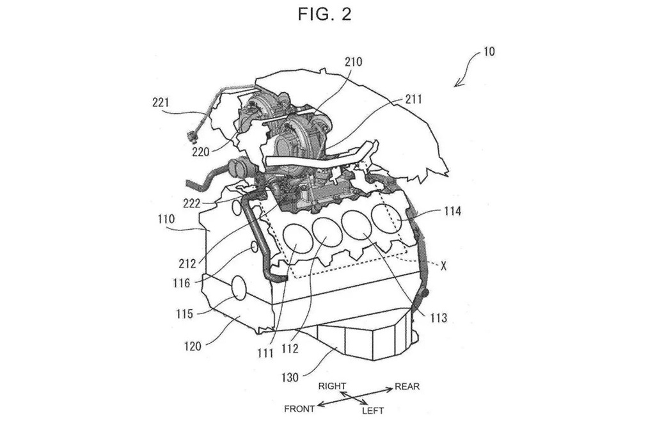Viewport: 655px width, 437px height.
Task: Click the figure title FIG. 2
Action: [325, 15]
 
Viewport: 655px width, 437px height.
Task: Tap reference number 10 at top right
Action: [489, 51]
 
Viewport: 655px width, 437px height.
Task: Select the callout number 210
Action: [353, 62]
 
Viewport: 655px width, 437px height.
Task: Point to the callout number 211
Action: [413, 99]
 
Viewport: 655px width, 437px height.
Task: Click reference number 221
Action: [161, 102]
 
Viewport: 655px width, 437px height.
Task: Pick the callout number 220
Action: [200, 151]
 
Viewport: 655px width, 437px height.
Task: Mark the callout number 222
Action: [191, 203]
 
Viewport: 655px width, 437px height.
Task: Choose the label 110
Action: [166, 219]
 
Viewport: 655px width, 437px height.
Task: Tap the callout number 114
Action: [452, 211]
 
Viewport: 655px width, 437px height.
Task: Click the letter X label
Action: [443, 266]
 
